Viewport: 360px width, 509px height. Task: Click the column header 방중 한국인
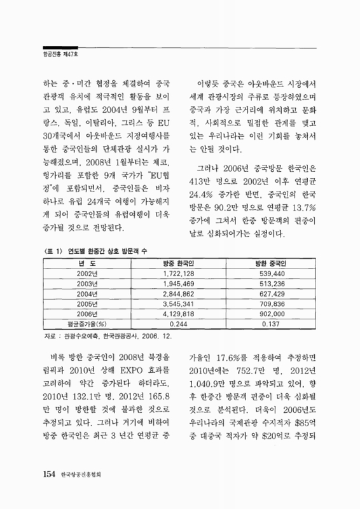[182, 263]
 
